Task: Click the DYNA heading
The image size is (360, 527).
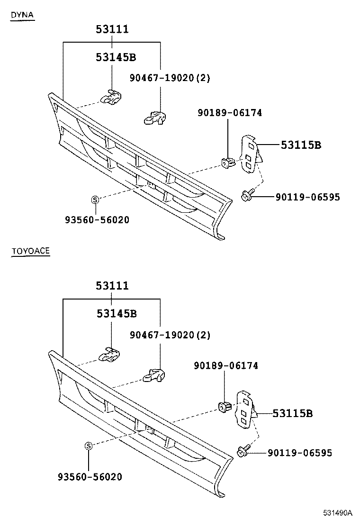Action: click(x=22, y=15)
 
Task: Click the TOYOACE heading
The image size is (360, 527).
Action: click(x=30, y=251)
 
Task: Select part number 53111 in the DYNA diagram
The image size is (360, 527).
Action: click(x=112, y=30)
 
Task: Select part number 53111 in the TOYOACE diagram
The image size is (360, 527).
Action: click(x=112, y=286)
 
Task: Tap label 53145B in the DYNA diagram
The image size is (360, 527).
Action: click(x=116, y=58)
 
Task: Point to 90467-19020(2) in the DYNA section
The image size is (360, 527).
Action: click(x=170, y=78)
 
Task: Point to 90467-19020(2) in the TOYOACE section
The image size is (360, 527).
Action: click(x=170, y=335)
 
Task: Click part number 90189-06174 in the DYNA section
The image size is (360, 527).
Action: click(x=230, y=113)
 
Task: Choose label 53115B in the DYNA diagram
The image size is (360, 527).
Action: click(x=301, y=145)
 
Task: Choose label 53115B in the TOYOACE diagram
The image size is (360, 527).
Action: click(x=292, y=414)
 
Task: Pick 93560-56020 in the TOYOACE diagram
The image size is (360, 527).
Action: click(x=90, y=477)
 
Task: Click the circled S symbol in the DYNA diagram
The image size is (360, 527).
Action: click(x=95, y=200)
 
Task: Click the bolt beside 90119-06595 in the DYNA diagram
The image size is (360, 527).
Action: click(x=247, y=194)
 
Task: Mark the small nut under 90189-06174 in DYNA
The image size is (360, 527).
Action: click(x=227, y=163)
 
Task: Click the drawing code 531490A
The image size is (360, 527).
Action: click(x=338, y=513)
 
